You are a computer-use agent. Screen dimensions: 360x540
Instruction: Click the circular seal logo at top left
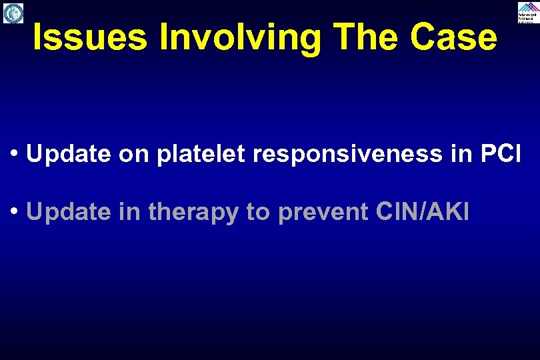[13, 13]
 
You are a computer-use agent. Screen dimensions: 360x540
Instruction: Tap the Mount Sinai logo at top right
[527, 12]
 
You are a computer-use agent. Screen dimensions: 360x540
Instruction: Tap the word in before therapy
[131, 212]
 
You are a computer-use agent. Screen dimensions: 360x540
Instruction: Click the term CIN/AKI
[423, 212]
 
